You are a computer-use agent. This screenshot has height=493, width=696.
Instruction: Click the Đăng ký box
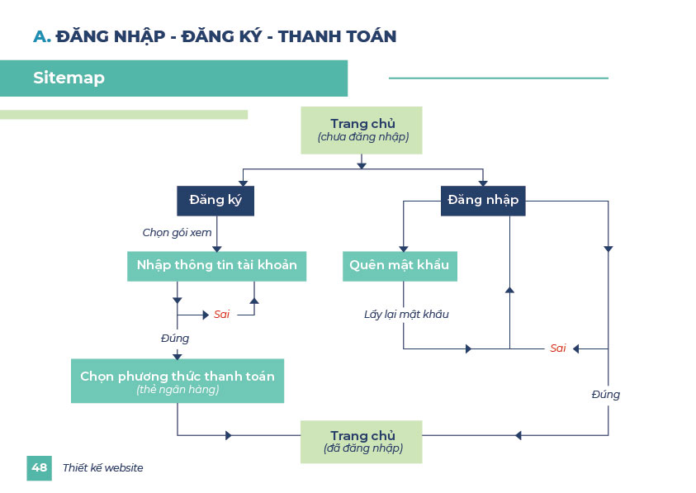coord(215,201)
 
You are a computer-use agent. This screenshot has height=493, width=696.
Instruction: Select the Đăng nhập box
coord(483,201)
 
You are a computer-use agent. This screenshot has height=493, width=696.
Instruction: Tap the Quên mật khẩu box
coord(400,266)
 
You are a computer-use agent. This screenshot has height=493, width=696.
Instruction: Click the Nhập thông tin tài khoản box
coord(216,266)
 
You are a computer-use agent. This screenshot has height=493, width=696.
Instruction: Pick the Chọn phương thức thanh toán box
coord(178,381)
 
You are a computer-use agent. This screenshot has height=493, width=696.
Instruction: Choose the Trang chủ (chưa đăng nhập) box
coord(362,130)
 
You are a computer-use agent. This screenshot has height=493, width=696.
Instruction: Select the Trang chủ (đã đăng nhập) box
coord(362,441)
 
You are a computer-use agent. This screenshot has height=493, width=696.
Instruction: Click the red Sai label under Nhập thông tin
coord(221,315)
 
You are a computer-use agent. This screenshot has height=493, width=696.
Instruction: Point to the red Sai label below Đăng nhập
coord(558,348)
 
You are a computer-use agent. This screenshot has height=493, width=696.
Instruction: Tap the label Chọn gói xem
coord(177,233)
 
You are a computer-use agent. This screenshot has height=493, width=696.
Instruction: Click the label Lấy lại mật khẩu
coord(406,315)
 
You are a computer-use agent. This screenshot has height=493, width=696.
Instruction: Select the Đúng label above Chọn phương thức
coord(174,339)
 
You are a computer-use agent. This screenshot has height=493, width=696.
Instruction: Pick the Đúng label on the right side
coord(605,395)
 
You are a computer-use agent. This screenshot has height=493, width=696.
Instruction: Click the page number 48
coord(39,467)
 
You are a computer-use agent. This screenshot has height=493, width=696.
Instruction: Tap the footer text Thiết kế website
coord(102,468)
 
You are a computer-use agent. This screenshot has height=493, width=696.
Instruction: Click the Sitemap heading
coord(69,78)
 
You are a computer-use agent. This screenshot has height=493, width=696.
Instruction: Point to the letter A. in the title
coord(41,36)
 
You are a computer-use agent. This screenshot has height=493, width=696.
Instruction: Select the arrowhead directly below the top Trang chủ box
coord(362,166)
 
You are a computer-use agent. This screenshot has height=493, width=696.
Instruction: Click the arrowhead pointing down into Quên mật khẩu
coord(404,248)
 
